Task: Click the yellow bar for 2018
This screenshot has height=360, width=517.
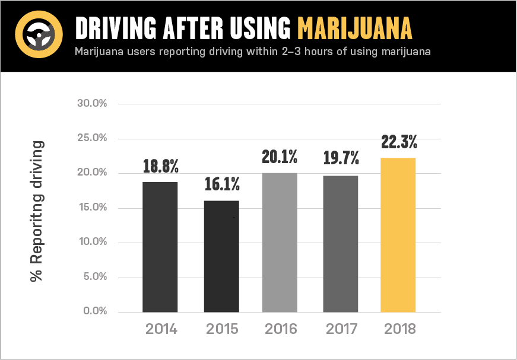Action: coord(398,235)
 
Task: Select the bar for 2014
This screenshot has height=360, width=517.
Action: coord(160,247)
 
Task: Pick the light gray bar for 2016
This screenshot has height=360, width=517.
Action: coord(280,243)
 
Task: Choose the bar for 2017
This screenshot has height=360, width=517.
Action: coord(341,244)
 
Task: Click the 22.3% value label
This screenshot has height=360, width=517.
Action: coord(398,142)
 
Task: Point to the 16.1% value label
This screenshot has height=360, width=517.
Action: coord(221,184)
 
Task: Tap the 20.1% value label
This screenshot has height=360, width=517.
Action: coord(280,157)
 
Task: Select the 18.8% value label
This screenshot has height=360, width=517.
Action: coord(160,166)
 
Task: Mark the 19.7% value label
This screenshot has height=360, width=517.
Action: coord(341,158)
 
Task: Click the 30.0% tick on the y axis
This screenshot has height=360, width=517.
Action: coord(92,104)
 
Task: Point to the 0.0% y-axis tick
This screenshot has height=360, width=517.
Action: coord(94,311)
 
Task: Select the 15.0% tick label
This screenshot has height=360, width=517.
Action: coord(92,208)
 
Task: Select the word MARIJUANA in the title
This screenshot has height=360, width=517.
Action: coord(354,27)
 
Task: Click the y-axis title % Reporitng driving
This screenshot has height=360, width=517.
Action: coord(37,211)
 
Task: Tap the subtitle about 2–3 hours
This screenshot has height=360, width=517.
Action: coord(252,52)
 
